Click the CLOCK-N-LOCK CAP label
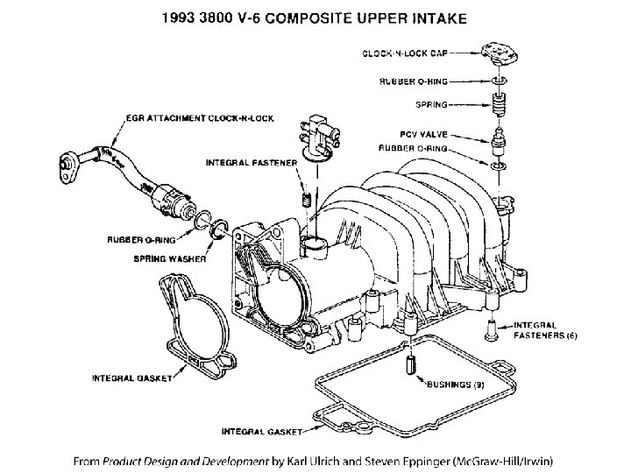(402, 54)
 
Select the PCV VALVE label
(422, 136)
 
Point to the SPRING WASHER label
(169, 258)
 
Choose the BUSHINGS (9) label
(455, 384)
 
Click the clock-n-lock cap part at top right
(499, 54)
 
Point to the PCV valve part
(498, 140)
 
